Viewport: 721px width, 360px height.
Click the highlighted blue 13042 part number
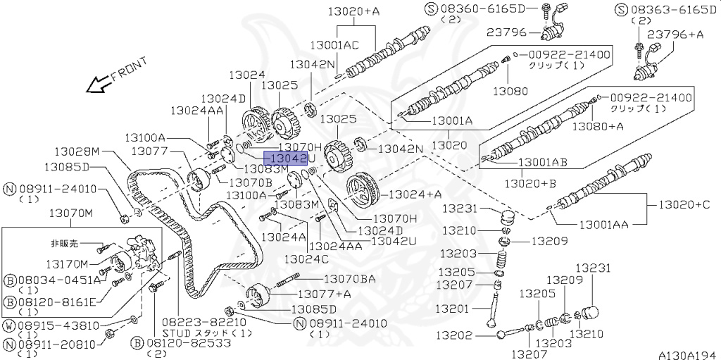[x=285, y=159]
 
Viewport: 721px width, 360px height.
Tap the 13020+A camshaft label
[x=353, y=11]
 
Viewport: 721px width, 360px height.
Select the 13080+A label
[x=597, y=127]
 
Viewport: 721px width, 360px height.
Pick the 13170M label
[x=68, y=263]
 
